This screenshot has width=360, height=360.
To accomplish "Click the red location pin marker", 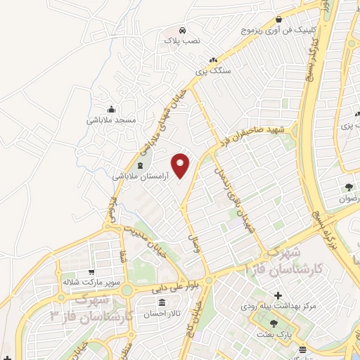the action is click(181, 165).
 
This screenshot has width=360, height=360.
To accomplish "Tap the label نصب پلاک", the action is click(182, 42).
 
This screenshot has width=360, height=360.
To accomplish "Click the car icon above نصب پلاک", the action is click(182, 31).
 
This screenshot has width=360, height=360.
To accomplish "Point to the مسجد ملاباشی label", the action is click(111, 120).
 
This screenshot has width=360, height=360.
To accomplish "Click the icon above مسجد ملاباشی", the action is click(111, 109).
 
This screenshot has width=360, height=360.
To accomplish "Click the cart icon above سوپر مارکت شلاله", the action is click(91, 272).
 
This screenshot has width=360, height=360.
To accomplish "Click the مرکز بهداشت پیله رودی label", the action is click(279, 306).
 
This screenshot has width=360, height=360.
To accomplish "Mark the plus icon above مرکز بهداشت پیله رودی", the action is click(279, 295).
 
